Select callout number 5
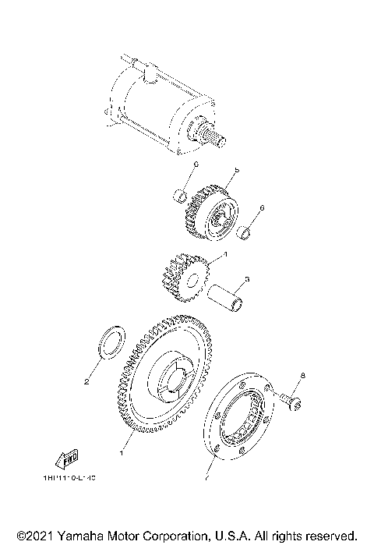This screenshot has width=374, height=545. coord(236,170)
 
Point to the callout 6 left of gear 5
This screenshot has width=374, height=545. coord(197,165)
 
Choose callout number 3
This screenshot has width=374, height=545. coord(246,278)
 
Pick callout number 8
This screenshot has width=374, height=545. coord(303,377)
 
